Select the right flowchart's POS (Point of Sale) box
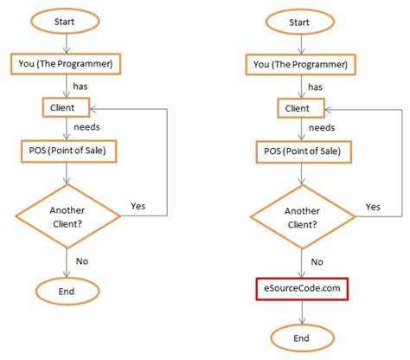[303, 152]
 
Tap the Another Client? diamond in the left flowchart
[67, 215]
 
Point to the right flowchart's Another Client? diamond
[303, 215]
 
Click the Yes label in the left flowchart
[138, 206]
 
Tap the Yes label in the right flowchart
[373, 206]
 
